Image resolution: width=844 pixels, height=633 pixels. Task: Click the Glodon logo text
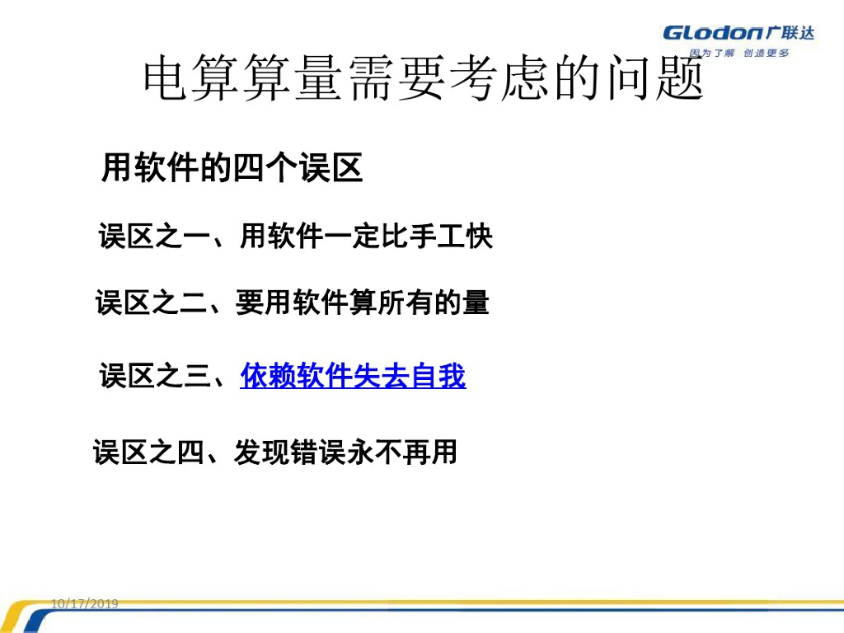(x=713, y=33)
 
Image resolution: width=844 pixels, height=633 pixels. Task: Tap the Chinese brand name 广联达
(x=790, y=32)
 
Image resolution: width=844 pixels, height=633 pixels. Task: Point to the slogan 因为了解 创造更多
(x=739, y=53)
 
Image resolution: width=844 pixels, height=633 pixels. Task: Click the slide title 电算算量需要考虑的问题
(x=424, y=78)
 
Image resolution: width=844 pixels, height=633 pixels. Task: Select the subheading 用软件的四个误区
(x=232, y=167)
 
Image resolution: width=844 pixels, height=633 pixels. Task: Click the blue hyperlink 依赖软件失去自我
(x=353, y=375)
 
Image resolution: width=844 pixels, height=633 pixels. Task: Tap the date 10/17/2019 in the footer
(x=85, y=603)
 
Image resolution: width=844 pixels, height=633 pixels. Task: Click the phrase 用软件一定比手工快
(x=367, y=236)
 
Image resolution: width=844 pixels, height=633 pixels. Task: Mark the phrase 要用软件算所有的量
(x=363, y=302)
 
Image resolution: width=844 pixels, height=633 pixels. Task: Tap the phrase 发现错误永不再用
(x=345, y=452)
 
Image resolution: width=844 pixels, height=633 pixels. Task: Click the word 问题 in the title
(x=655, y=78)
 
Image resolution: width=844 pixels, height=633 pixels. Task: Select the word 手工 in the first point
(x=437, y=236)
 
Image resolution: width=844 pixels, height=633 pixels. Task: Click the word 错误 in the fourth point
(x=317, y=452)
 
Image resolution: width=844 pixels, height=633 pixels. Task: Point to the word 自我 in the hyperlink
(x=438, y=375)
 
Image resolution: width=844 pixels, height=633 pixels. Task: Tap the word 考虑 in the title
(x=500, y=78)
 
